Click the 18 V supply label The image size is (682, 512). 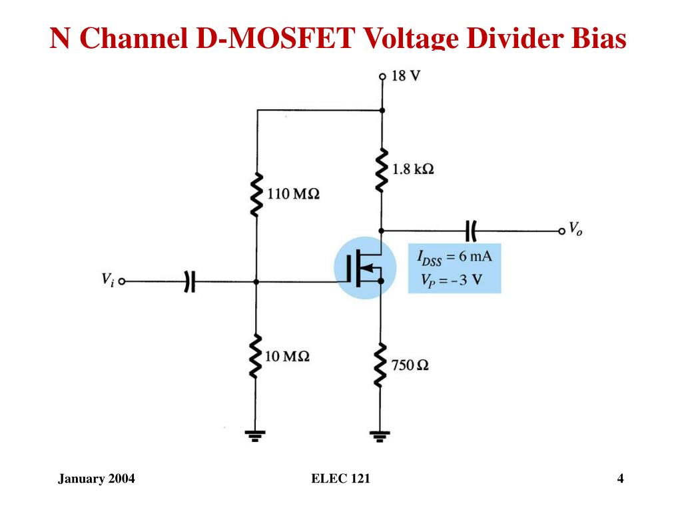(406, 76)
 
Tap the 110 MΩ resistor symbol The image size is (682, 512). (256, 195)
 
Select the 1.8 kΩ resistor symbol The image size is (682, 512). (382, 170)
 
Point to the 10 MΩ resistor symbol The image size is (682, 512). (256, 356)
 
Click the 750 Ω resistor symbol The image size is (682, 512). (380, 365)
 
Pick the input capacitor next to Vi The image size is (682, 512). (190, 282)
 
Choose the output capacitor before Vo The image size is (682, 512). (471, 231)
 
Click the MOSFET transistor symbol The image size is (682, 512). (364, 268)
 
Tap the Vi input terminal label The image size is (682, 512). (108, 279)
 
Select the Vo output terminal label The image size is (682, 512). (576, 229)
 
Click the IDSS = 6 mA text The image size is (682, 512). (454, 257)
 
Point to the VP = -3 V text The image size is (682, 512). (452, 279)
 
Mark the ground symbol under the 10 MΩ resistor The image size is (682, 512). (255, 436)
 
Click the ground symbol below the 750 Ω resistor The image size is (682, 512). (380, 436)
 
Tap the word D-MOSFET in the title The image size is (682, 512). (276, 38)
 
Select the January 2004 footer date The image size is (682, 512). (97, 479)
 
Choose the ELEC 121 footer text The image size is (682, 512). (340, 479)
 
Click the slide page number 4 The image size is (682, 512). (620, 479)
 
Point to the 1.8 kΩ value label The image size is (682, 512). (413, 169)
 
